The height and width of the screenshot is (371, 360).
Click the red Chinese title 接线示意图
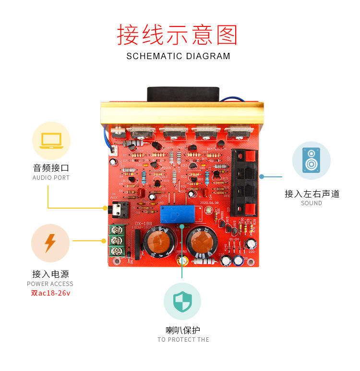(178, 35)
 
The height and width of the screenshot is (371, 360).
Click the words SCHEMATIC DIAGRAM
(178, 56)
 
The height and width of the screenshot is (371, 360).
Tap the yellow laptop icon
(51, 141)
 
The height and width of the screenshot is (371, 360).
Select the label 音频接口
(51, 168)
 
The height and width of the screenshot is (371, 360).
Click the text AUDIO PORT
(51, 178)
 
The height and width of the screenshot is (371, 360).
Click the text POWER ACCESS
(50, 284)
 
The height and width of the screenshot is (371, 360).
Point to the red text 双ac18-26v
(50, 293)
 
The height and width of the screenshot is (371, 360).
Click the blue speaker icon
(311, 160)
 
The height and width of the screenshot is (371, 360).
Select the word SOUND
(311, 203)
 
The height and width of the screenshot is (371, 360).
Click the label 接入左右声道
(312, 194)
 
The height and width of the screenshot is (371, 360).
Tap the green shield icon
(182, 301)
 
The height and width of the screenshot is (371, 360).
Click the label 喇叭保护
(182, 330)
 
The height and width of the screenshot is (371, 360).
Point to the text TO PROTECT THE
(183, 340)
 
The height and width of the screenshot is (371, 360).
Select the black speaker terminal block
(245, 183)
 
